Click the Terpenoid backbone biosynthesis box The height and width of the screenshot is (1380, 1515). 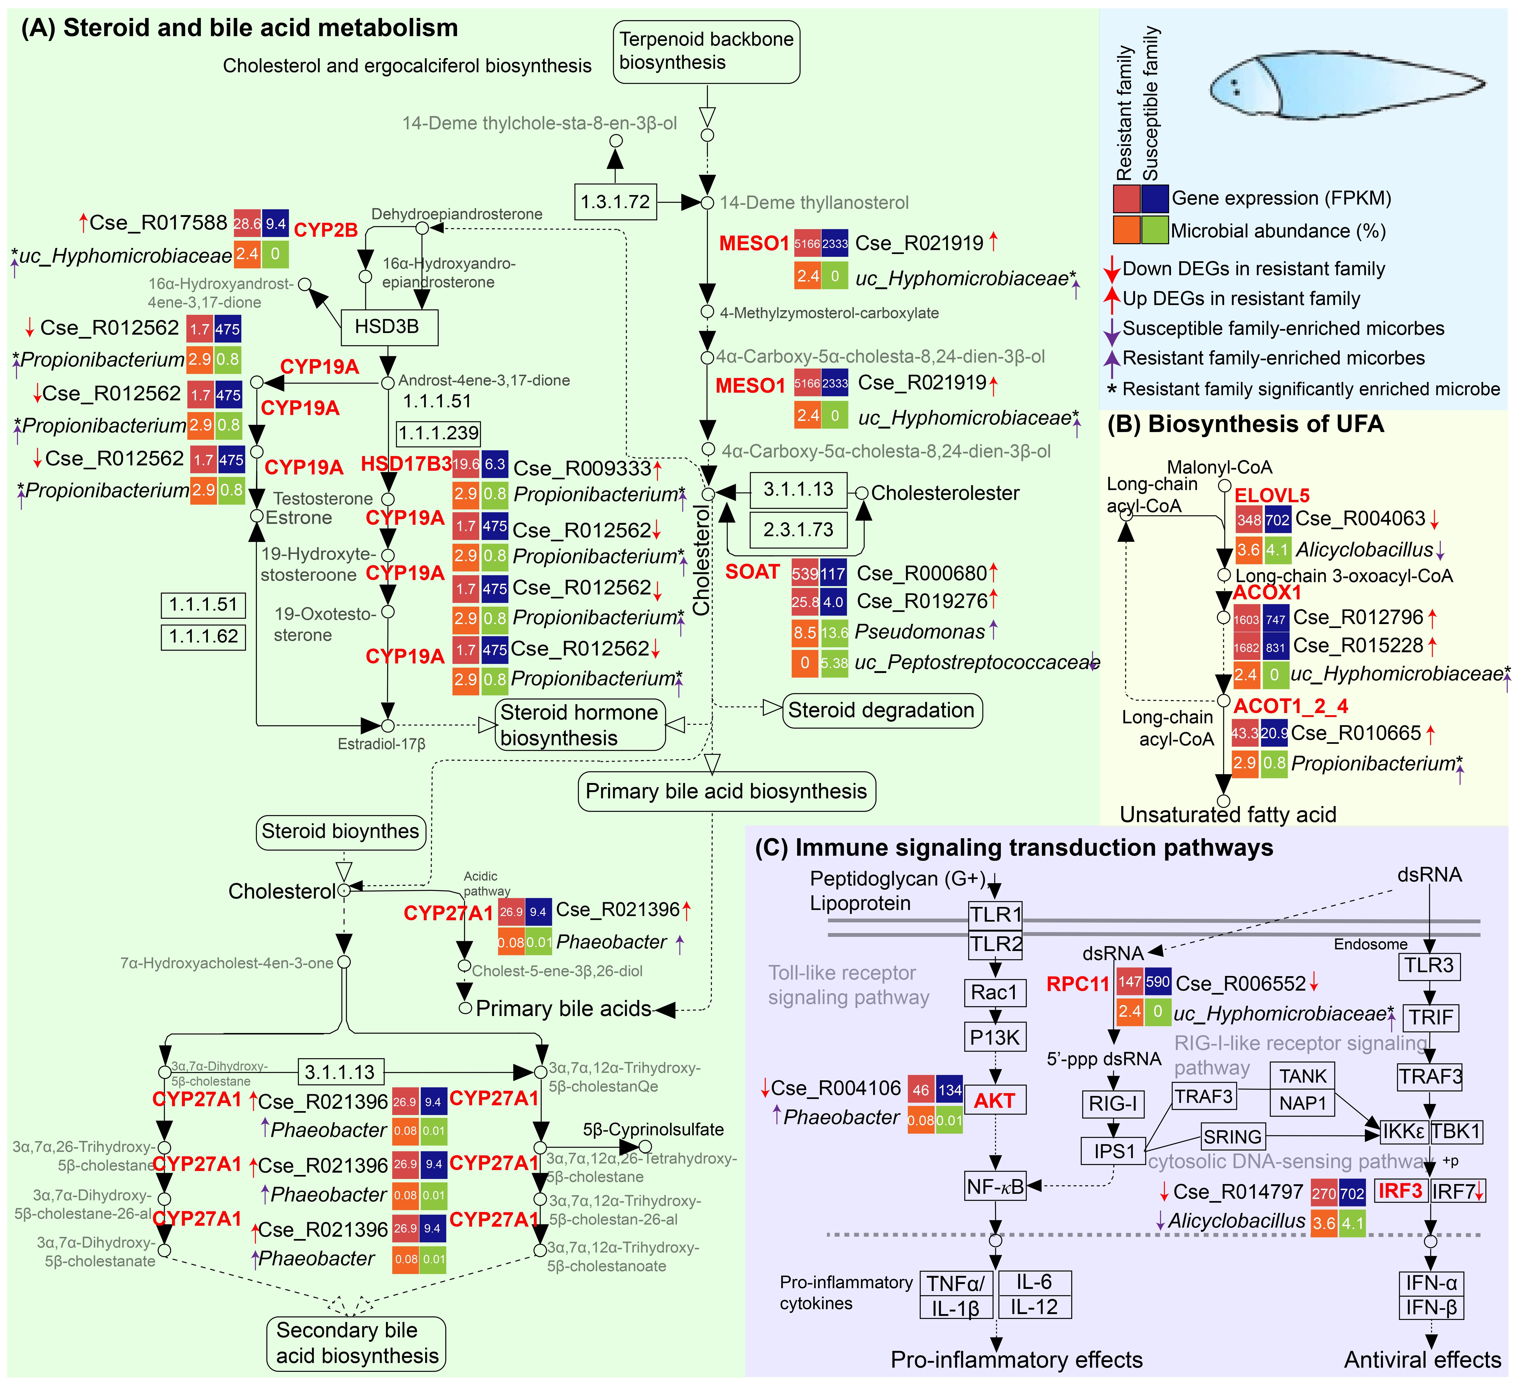[706, 51]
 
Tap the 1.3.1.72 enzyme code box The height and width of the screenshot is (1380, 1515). [616, 202]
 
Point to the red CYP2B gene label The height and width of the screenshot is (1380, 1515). [325, 230]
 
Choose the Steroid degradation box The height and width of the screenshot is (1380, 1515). [881, 710]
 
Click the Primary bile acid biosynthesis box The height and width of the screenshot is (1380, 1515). [726, 791]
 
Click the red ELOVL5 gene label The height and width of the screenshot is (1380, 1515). [1271, 495]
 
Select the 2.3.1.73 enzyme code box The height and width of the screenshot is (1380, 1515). [798, 530]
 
